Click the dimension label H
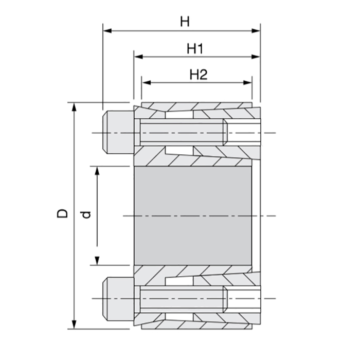(185, 22)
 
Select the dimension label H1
(196, 49)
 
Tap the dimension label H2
(198, 75)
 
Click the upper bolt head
(118, 133)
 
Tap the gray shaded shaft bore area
(193, 215)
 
